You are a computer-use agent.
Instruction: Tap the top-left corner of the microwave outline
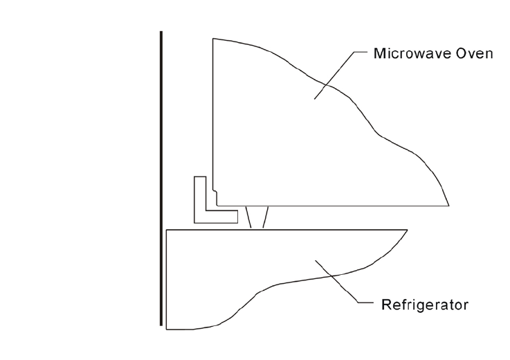212,39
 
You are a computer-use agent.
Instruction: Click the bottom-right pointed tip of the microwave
449,206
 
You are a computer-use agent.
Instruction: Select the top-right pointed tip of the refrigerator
407,229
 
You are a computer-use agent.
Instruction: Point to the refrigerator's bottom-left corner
167,328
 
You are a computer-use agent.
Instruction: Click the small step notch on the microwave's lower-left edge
216,193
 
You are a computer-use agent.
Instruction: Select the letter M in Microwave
377,53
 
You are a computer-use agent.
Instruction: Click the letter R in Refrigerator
384,304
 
